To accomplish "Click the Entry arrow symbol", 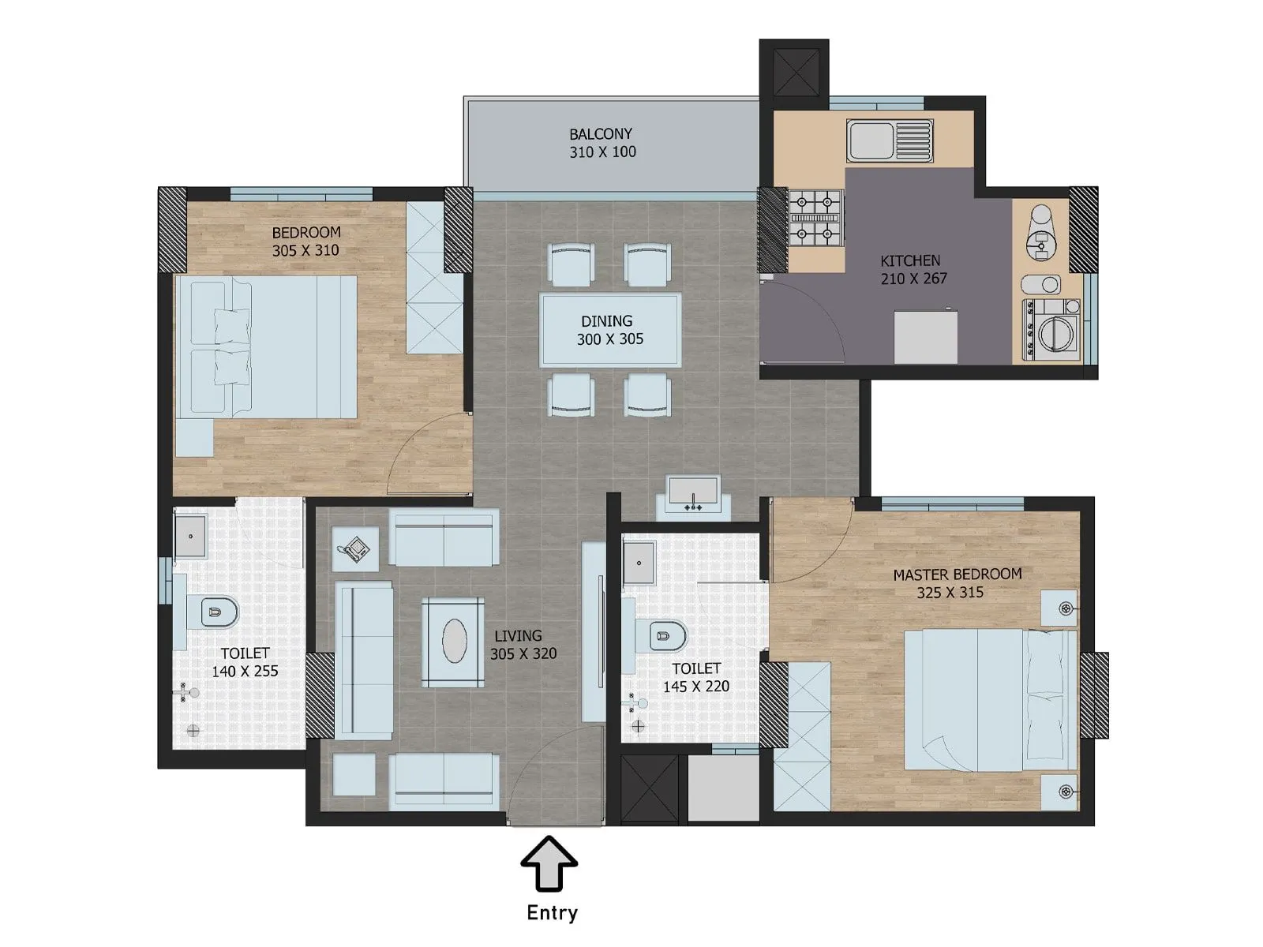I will [x=549, y=865].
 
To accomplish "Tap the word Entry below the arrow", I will [x=552, y=913].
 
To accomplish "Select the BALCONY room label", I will [x=601, y=134].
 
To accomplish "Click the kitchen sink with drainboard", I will [x=890, y=141].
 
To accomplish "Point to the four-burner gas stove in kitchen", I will [x=815, y=217].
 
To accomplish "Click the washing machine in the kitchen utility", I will [x=1053, y=330].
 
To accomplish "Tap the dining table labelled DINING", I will [x=610, y=330].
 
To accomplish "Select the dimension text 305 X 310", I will [x=305, y=250].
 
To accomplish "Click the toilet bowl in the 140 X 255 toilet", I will [x=215, y=611].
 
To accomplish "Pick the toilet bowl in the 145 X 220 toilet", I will [x=665, y=634].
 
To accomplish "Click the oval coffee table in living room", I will [x=454, y=641].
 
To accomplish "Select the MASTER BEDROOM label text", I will [x=957, y=575].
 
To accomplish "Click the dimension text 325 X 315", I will [x=950, y=593].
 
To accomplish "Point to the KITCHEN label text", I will [x=910, y=260].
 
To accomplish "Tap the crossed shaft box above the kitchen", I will [x=794, y=69].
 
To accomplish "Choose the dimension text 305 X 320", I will [x=523, y=654].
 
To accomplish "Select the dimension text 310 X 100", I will [x=602, y=152].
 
